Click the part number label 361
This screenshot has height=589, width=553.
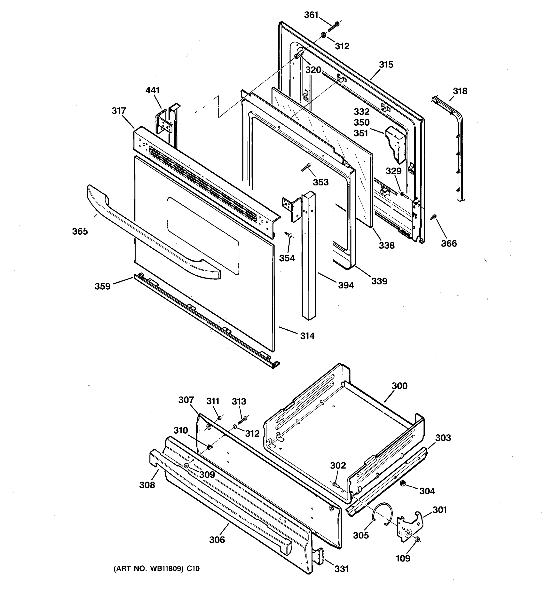click(311, 15)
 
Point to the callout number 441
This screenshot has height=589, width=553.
click(152, 90)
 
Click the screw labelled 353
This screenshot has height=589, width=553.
click(306, 168)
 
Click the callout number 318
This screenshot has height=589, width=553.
click(460, 91)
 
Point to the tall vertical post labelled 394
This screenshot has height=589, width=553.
click(308, 255)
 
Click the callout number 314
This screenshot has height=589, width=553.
click(307, 336)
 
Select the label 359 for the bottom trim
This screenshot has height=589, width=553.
click(102, 286)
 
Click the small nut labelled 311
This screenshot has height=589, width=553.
click(219, 418)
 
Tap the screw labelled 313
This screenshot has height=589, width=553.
click(243, 420)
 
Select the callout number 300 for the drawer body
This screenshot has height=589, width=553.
click(399, 386)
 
